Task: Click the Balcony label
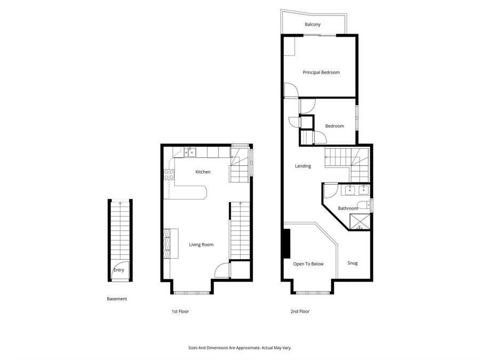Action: (313, 25)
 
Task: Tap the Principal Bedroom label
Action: (321, 73)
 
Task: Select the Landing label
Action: (303, 166)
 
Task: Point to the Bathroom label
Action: (348, 208)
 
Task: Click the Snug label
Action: (353, 263)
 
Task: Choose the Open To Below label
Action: (308, 263)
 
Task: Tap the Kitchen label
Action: (203, 172)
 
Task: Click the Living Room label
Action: (201, 245)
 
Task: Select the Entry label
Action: (118, 270)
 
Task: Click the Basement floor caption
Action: (117, 299)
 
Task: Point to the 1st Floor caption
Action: (180, 311)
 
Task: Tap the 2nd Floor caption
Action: (300, 311)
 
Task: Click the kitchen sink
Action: (190, 153)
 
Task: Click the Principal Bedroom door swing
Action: (291, 91)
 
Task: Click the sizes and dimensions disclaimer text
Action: (239, 348)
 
